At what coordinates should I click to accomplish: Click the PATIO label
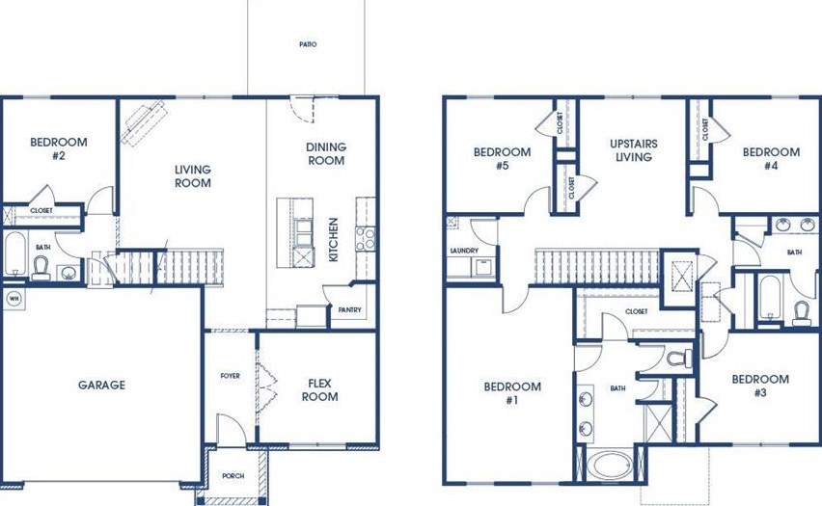pyautogui.click(x=307, y=44)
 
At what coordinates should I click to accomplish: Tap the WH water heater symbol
pyautogui.click(x=14, y=299)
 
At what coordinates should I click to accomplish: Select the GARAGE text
pyautogui.click(x=101, y=386)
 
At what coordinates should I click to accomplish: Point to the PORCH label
pyautogui.click(x=233, y=476)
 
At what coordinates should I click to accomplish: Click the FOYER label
pyautogui.click(x=230, y=376)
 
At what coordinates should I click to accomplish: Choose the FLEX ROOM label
pyautogui.click(x=320, y=389)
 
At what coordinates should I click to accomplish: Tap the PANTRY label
pyautogui.click(x=348, y=310)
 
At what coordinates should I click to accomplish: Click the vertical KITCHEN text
pyautogui.click(x=334, y=240)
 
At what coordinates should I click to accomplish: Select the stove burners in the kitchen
pyautogui.click(x=365, y=238)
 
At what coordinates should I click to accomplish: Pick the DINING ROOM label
pyautogui.click(x=326, y=154)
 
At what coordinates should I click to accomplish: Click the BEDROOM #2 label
pyautogui.click(x=58, y=148)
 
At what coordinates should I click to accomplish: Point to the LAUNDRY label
pyautogui.click(x=464, y=252)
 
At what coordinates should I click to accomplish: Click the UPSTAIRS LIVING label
pyautogui.click(x=634, y=151)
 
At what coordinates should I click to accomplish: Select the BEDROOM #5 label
pyautogui.click(x=502, y=158)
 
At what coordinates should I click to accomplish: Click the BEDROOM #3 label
pyautogui.click(x=760, y=386)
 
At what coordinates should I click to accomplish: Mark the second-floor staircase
pyautogui.click(x=596, y=265)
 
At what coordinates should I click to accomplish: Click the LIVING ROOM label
pyautogui.click(x=193, y=176)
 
